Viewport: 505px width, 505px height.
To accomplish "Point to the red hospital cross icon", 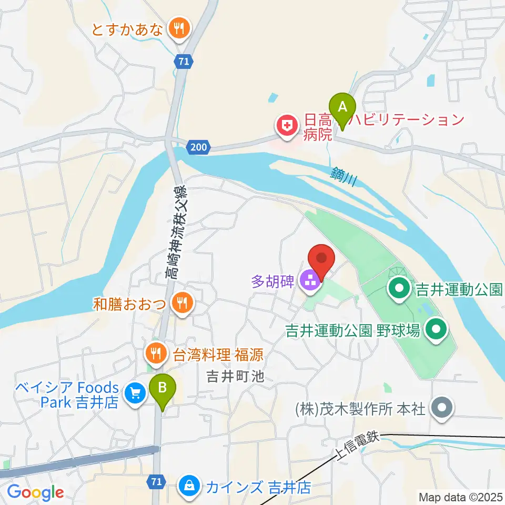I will click(286, 127).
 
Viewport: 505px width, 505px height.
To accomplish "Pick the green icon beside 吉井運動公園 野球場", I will click(436, 330).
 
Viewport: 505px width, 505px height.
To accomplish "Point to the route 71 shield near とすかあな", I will click(182, 62).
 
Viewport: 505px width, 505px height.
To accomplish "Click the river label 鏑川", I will click(345, 176).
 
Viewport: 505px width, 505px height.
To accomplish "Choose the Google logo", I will click(35, 492).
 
